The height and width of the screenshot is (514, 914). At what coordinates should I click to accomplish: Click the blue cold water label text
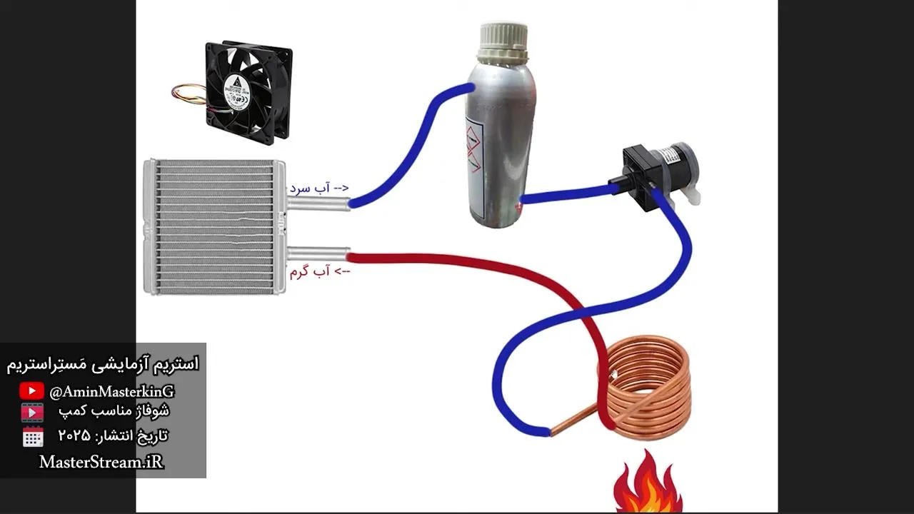[319, 188]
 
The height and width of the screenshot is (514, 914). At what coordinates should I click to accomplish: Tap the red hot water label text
[319, 272]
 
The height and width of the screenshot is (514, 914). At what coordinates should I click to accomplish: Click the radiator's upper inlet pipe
[318, 203]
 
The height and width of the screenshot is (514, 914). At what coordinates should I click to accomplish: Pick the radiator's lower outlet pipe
[318, 253]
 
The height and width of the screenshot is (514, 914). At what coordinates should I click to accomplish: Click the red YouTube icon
[31, 390]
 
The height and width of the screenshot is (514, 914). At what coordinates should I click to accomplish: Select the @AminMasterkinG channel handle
[111, 392]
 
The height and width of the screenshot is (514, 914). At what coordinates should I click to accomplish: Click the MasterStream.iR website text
[101, 462]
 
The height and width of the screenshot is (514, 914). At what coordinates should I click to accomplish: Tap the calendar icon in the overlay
[33, 437]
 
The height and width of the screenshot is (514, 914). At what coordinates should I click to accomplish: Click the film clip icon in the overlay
[32, 413]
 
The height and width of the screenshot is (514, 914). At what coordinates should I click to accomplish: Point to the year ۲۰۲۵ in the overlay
[74, 435]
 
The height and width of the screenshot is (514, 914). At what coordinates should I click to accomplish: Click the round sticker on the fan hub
[236, 91]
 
